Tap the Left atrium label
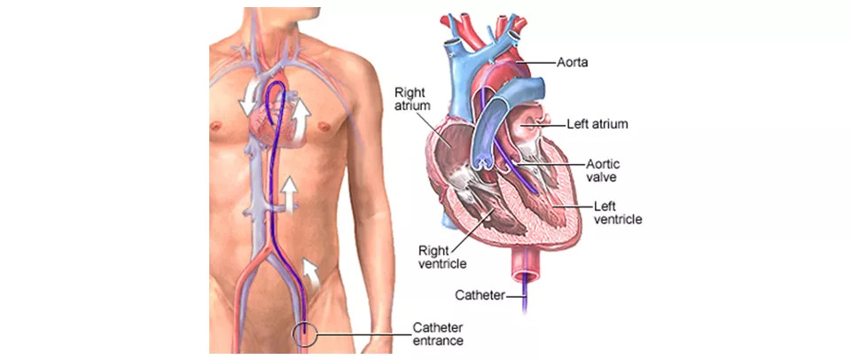[x=597, y=125]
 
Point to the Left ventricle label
[x=618, y=212]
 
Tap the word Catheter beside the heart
[x=480, y=294]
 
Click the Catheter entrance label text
[x=438, y=333]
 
